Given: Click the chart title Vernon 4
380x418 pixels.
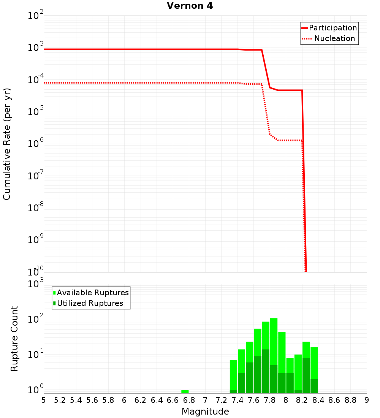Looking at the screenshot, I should point(190,6).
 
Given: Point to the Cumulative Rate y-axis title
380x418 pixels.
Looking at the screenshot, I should point(7,144).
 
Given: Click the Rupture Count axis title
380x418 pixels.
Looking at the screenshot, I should point(14,339).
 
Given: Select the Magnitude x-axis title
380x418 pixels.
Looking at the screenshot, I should point(205,412).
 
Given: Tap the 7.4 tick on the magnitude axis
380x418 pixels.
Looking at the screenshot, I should point(237,400).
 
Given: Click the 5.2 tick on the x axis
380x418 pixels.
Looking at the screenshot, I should point(60,400).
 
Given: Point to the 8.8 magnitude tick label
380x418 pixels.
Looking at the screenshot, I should point(351,400).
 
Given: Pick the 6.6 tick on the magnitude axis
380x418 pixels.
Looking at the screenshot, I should point(173,400).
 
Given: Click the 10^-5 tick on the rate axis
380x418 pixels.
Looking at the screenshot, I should point(35,112).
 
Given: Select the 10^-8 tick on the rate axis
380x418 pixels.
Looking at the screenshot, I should point(35,208).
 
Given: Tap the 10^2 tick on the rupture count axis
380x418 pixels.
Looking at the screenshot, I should point(35,319).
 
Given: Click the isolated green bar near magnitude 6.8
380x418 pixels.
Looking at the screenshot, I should point(185,391).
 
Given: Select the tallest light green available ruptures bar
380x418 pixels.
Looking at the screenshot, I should point(274,334).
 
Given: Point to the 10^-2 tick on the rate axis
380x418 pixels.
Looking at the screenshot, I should point(35,16).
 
